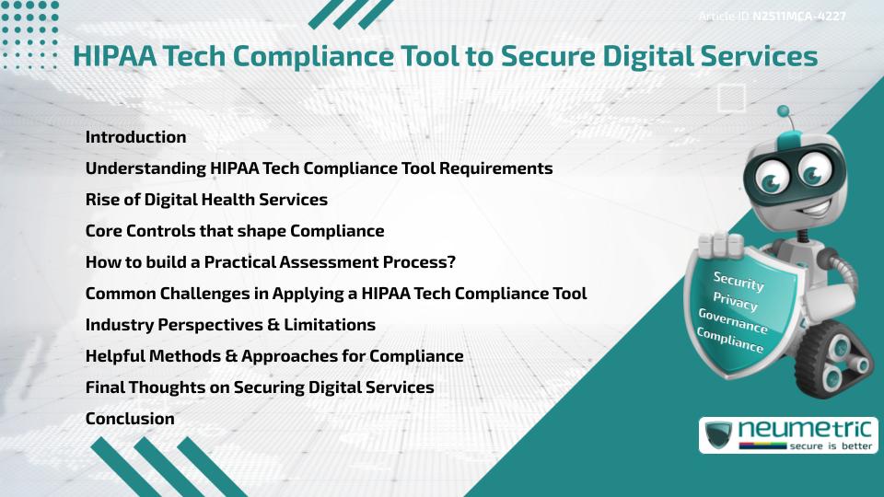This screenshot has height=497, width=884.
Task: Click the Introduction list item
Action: (x=135, y=137)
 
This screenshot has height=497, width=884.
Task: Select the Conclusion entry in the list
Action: (x=130, y=419)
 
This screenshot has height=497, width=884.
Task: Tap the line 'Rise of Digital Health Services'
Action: (x=206, y=200)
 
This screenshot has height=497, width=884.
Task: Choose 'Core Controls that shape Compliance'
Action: (x=235, y=231)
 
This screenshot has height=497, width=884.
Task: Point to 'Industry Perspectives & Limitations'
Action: (x=230, y=325)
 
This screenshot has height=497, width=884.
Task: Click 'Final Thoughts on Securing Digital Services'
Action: (x=260, y=387)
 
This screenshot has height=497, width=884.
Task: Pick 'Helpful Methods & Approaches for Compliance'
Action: (x=274, y=356)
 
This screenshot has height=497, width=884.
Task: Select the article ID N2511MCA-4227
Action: (x=798, y=16)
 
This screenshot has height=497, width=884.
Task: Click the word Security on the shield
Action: (x=739, y=281)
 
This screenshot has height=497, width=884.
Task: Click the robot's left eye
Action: (x=769, y=174)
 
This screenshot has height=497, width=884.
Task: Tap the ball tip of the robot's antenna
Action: (x=785, y=111)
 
